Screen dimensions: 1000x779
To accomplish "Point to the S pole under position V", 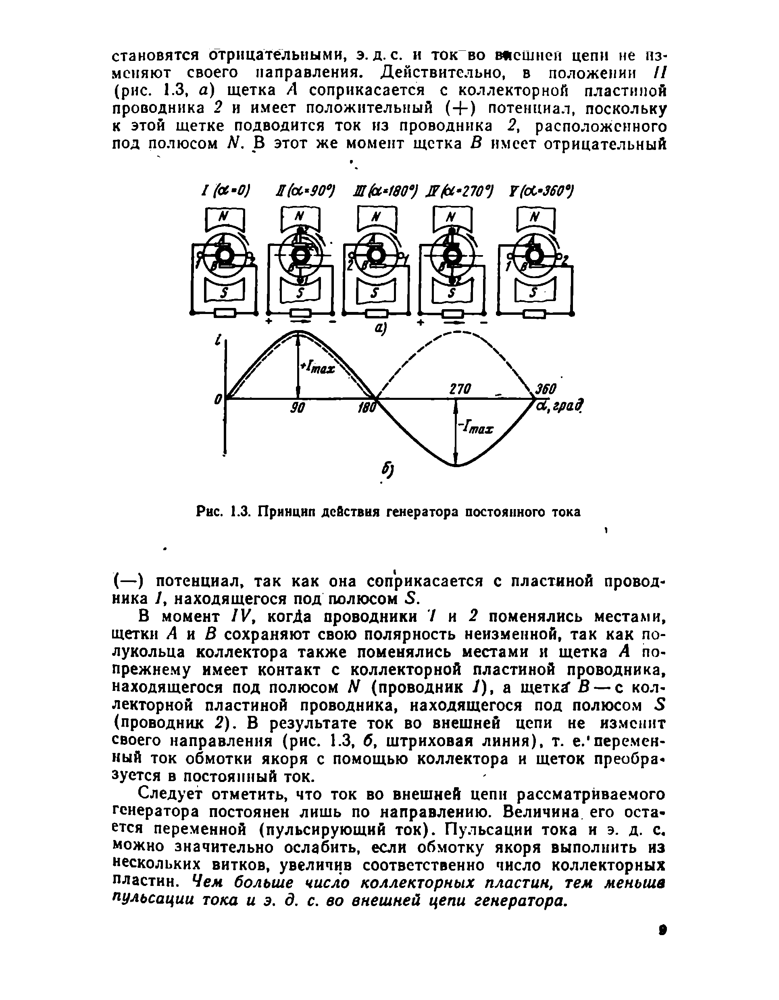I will pos(533,292).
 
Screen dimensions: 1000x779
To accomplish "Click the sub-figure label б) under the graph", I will pos(388,470).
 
